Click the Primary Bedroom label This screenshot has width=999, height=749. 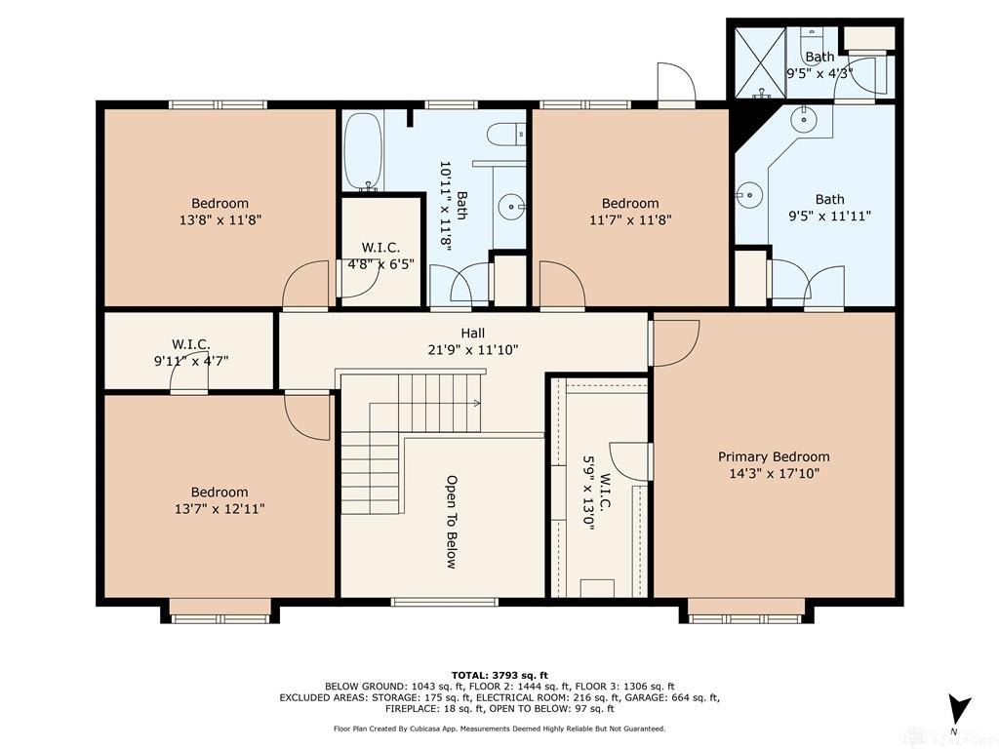point(774,456)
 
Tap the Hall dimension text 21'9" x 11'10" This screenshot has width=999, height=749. point(473,350)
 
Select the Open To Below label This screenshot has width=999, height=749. point(451,522)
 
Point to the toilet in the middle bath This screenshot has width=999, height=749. point(506,135)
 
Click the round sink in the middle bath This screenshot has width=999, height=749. point(511,206)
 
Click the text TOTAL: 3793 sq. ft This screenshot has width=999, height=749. point(499,675)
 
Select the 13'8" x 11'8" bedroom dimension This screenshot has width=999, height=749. point(220,219)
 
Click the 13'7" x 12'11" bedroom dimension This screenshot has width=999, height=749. point(220,509)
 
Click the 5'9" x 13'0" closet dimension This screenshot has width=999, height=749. point(588,493)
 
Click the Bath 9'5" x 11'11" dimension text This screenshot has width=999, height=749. point(829,216)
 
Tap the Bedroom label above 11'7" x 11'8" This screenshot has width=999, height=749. point(630,203)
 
